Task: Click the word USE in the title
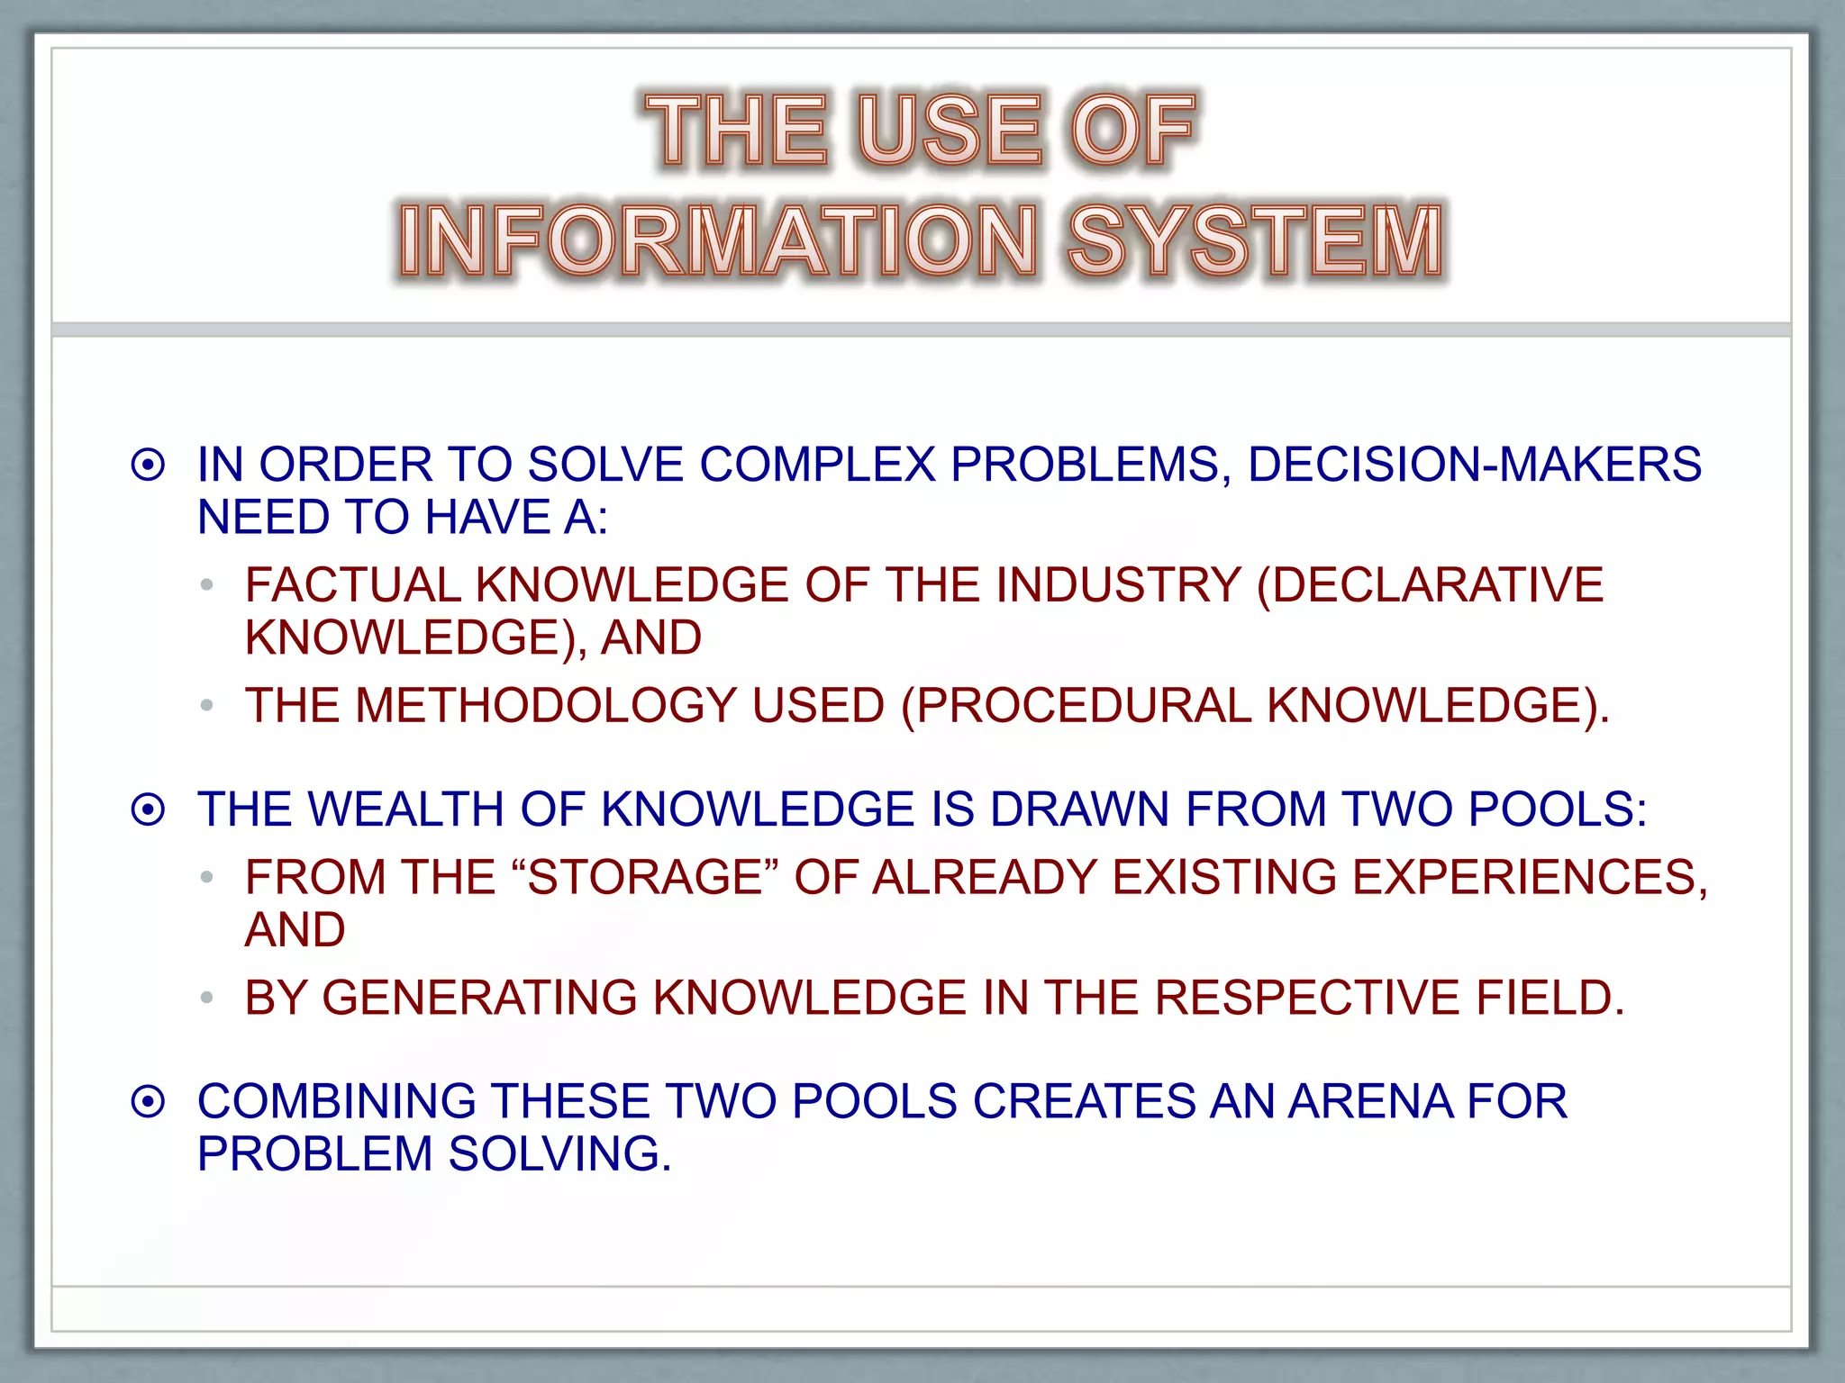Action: (950, 131)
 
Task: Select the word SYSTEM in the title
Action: (1255, 241)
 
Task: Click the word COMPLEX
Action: (817, 466)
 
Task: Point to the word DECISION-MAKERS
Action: (1474, 466)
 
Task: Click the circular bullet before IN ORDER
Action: (149, 466)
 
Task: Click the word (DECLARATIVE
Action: (1430, 586)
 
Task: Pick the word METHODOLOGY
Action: (546, 706)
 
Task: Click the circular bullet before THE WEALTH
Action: (149, 809)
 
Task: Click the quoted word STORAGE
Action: (645, 878)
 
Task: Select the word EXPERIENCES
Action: (1529, 878)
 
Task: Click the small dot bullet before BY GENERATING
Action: (207, 998)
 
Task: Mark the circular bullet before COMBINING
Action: (149, 1102)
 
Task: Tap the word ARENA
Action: (1368, 1102)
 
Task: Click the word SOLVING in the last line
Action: (559, 1154)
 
